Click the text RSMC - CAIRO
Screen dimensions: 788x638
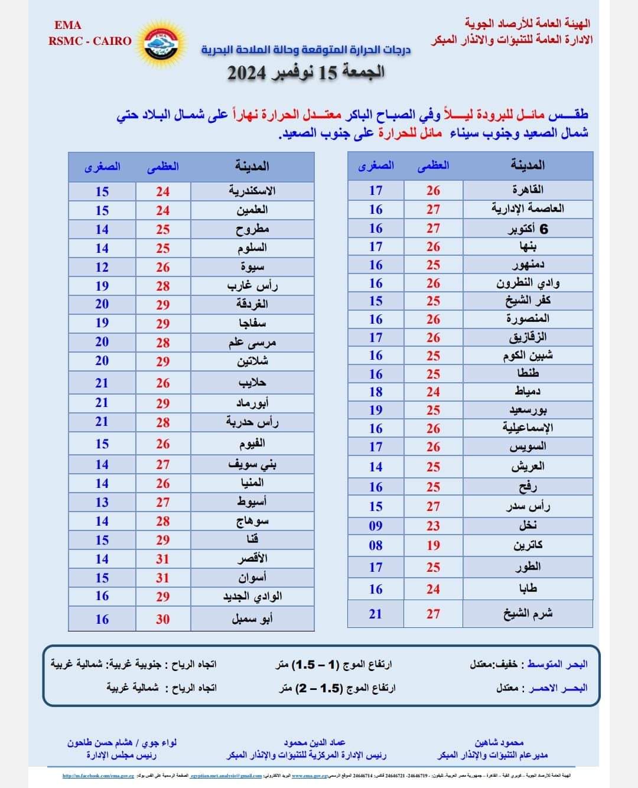[x=90, y=41]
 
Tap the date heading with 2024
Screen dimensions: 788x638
[x=306, y=73]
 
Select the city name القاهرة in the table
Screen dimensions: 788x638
[x=528, y=190]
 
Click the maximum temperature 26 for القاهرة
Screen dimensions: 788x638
[x=433, y=190]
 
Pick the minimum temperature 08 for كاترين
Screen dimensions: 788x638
[x=376, y=545]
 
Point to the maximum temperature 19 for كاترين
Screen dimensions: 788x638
[x=433, y=545]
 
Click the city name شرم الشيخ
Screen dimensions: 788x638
[x=528, y=614]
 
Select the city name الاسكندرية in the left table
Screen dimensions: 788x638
[x=252, y=191]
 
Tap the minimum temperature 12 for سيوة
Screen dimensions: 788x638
[x=102, y=267]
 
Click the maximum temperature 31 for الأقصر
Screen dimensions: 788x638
[x=162, y=559]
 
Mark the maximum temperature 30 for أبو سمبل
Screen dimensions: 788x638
[x=162, y=619]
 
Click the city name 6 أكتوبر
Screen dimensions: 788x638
[x=528, y=229]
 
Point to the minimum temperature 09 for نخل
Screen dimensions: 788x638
[x=376, y=526]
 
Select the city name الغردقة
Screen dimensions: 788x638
[x=252, y=304]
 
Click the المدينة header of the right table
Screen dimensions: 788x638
[x=528, y=166]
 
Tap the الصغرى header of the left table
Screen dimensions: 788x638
[x=102, y=167]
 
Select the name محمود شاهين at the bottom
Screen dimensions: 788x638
[x=499, y=743]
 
